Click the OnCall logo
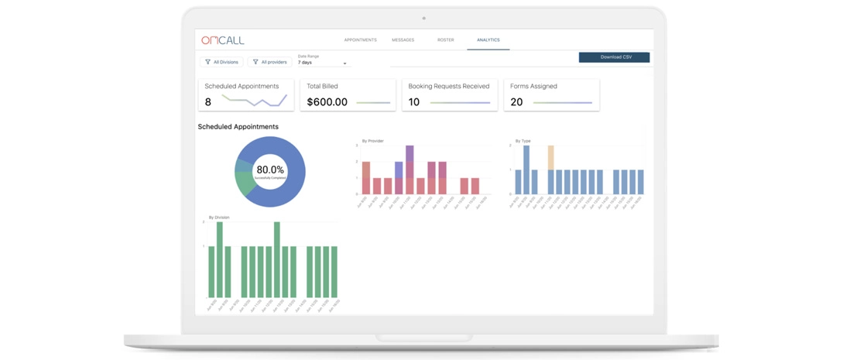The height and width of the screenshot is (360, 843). [x=222, y=40]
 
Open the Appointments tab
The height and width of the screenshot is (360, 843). [x=360, y=40]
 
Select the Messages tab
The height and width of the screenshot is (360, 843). [x=403, y=40]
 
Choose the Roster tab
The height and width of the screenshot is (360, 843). [x=445, y=40]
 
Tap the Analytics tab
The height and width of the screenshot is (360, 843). [x=488, y=40]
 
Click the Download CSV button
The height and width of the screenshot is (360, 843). [x=614, y=57]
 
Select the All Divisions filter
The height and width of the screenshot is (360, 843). [x=222, y=62]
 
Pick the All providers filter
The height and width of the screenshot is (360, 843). [x=270, y=62]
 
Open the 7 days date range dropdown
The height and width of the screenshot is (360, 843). [x=322, y=63]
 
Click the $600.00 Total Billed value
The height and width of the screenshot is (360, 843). [x=327, y=102]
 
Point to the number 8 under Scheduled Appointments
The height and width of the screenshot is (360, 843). [x=208, y=102]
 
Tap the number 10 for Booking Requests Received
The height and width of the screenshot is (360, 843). [x=414, y=102]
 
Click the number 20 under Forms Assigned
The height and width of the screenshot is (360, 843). [x=516, y=102]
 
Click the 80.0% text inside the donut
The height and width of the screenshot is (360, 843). [x=270, y=170]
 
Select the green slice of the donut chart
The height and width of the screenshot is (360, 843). [x=245, y=183]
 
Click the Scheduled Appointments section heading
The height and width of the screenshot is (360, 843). [x=238, y=127]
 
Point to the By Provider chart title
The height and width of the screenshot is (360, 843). [x=372, y=141]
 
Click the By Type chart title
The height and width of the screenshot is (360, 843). [x=523, y=141]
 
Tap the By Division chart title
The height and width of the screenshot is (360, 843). [x=219, y=218]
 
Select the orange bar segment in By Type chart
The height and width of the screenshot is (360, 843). [x=550, y=157]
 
